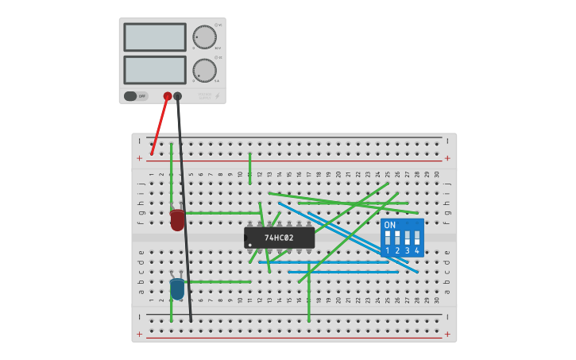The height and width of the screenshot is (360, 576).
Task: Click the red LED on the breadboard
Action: point(177,220)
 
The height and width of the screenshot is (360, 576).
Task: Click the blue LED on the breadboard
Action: point(177,288)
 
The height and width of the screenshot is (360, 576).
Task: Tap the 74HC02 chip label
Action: point(279,238)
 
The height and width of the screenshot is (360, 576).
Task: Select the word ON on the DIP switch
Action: point(390,225)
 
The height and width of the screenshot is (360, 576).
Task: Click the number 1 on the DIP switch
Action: point(388,251)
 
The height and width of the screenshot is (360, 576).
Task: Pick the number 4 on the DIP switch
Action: point(416,251)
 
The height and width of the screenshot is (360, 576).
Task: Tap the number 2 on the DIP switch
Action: point(397,251)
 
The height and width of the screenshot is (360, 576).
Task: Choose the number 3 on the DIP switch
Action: point(407,251)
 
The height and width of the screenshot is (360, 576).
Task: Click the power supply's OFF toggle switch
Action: point(136,96)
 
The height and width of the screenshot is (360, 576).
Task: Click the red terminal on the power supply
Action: point(168,96)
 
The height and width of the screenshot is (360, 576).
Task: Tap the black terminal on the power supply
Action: point(177,96)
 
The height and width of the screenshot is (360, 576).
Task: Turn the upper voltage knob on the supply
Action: point(204,37)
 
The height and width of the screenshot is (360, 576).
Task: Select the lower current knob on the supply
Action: point(204,70)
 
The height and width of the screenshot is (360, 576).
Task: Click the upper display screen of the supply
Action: point(155,37)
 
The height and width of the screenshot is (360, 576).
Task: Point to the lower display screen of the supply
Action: point(155,70)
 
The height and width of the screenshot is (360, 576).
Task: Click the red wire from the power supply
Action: point(160,125)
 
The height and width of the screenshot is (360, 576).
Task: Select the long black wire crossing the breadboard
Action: point(184,223)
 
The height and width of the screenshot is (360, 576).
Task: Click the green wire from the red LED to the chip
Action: point(222,213)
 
